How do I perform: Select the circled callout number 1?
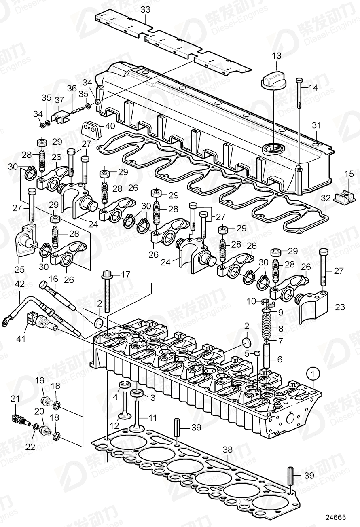click(313, 373)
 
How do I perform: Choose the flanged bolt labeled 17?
click(107, 291)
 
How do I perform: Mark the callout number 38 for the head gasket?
click(228, 449)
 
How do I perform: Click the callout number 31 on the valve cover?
click(316, 126)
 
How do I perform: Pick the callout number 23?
click(339, 307)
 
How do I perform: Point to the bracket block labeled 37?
click(61, 118)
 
